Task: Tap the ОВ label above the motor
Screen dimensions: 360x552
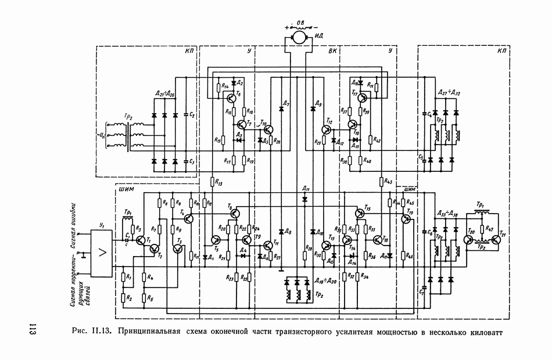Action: point(299,23)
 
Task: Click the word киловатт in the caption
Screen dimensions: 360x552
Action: point(480,332)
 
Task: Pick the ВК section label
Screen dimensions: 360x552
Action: point(333,51)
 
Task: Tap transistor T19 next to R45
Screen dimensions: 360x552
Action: point(405,219)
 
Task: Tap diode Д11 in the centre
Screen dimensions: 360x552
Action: point(304,198)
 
